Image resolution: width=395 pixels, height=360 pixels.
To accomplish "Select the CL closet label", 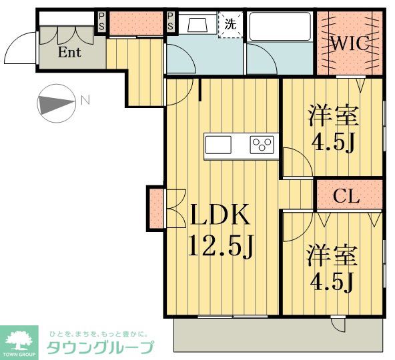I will click(347, 196).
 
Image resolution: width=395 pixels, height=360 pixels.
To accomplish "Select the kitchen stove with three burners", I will click(262, 144).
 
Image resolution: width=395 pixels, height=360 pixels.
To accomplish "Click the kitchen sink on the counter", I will click(218, 144).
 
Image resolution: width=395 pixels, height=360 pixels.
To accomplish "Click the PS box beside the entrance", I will click(102, 21).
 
